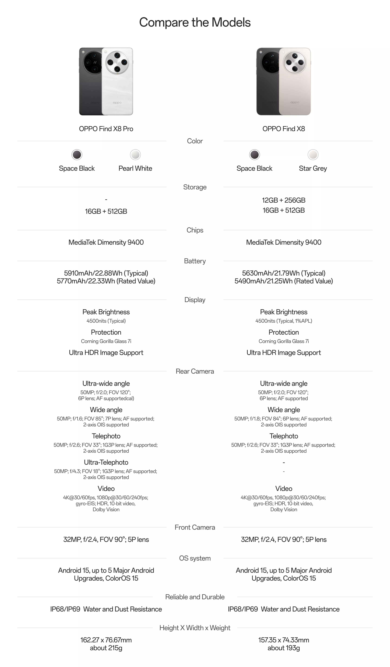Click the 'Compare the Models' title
tap(195, 22)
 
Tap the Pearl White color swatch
tap(135, 155)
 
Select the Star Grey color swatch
tap(313, 155)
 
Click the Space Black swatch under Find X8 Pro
tap(77, 155)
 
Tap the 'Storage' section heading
tap(195, 187)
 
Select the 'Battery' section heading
tap(195, 261)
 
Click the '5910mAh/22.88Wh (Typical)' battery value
tap(106, 273)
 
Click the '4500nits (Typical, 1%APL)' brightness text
tap(284, 321)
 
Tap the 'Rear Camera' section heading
tap(195, 371)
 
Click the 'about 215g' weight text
tap(106, 648)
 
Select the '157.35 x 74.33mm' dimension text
tap(284, 640)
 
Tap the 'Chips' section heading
tap(195, 230)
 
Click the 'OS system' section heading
tap(195, 558)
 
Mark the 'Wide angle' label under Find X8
tap(284, 410)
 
